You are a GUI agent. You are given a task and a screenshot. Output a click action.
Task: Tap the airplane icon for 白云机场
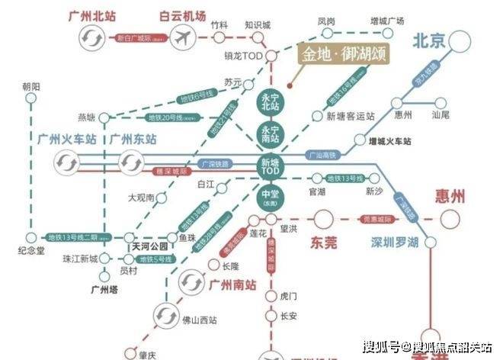(184, 37)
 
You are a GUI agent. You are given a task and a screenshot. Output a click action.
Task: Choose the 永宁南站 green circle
(271, 133)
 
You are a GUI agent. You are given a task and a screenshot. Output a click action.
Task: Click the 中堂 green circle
(271, 200)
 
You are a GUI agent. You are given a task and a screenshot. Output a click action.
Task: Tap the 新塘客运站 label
(350, 116)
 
